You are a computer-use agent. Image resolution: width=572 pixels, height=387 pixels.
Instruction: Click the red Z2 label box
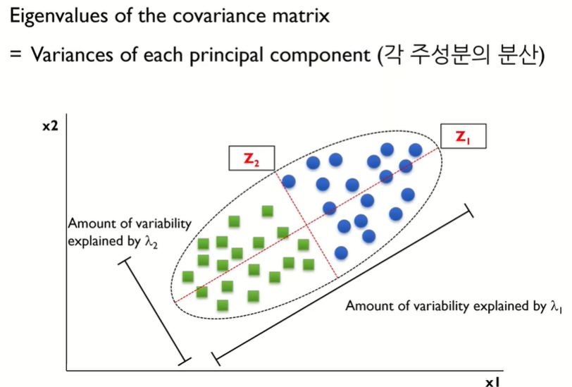(251, 160)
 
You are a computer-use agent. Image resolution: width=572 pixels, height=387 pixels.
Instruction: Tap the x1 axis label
(492, 381)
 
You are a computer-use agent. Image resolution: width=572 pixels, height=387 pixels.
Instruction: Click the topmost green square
(267, 211)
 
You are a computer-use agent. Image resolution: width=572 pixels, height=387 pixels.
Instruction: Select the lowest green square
(223, 305)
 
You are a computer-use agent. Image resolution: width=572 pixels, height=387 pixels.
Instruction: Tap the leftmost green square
(187, 276)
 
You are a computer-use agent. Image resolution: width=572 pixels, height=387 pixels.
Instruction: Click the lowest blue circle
(341, 252)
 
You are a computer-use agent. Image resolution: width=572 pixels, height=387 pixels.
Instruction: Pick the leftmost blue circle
(288, 181)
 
